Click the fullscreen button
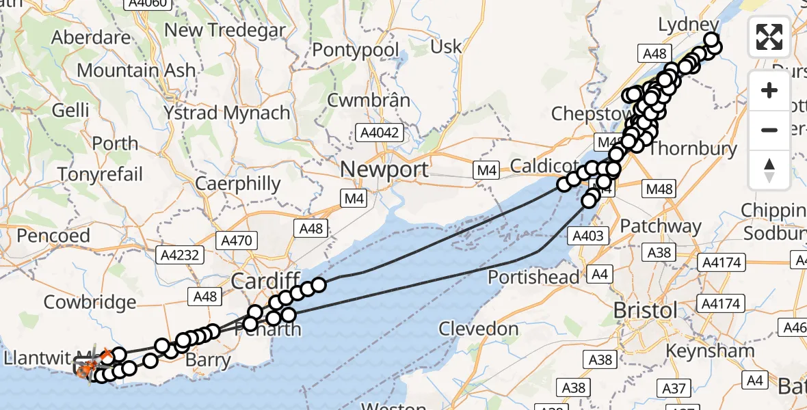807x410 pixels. (x=769, y=37)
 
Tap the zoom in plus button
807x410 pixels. (x=769, y=91)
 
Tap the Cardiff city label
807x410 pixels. (x=265, y=280)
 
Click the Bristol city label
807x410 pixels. (x=645, y=310)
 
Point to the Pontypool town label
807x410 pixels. (x=355, y=50)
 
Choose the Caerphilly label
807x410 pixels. (x=238, y=183)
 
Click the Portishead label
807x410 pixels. (x=533, y=277)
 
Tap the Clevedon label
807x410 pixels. (x=478, y=329)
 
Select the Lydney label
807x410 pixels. (x=689, y=25)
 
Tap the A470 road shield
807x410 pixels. (x=237, y=241)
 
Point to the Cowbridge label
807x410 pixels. (x=90, y=301)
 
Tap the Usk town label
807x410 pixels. (x=447, y=46)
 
